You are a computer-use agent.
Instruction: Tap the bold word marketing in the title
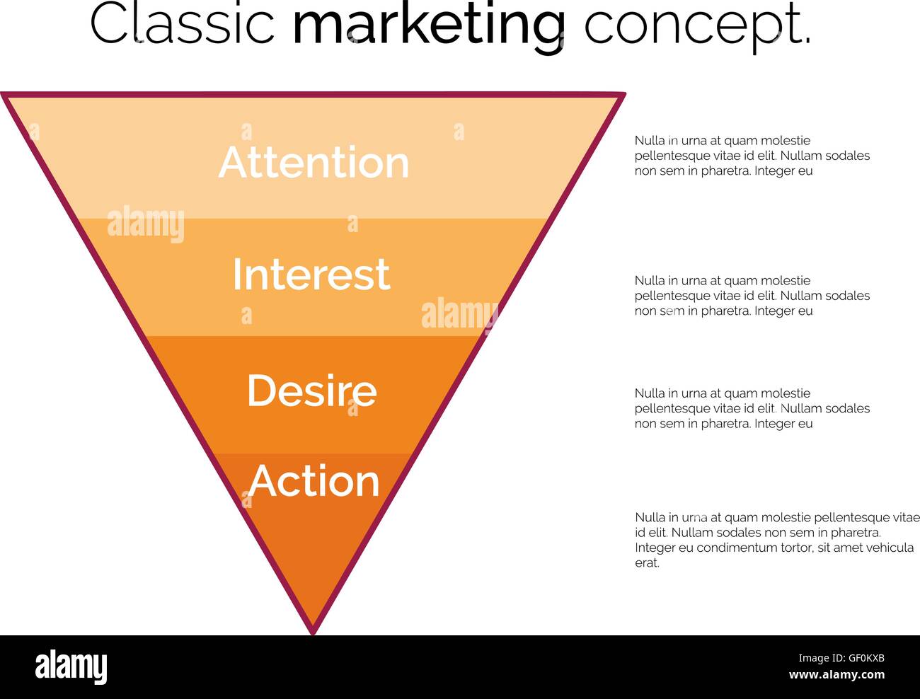(429, 26)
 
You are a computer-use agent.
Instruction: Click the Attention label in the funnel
(314, 162)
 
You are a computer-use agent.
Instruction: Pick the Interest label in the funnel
(311, 274)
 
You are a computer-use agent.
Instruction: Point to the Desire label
(312, 391)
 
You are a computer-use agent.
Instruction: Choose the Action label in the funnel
(314, 481)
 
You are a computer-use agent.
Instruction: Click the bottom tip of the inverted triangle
(313, 634)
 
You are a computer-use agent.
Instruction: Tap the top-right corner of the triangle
(624, 95)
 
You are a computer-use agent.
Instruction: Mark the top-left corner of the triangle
(3, 95)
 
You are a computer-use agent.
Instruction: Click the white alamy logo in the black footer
(71, 666)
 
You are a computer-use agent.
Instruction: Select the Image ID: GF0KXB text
(841, 658)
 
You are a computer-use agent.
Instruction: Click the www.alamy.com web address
(836, 675)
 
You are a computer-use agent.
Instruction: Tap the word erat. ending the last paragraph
(647, 563)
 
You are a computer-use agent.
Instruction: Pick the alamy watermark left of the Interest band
(146, 224)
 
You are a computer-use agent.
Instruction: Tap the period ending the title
(807, 41)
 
